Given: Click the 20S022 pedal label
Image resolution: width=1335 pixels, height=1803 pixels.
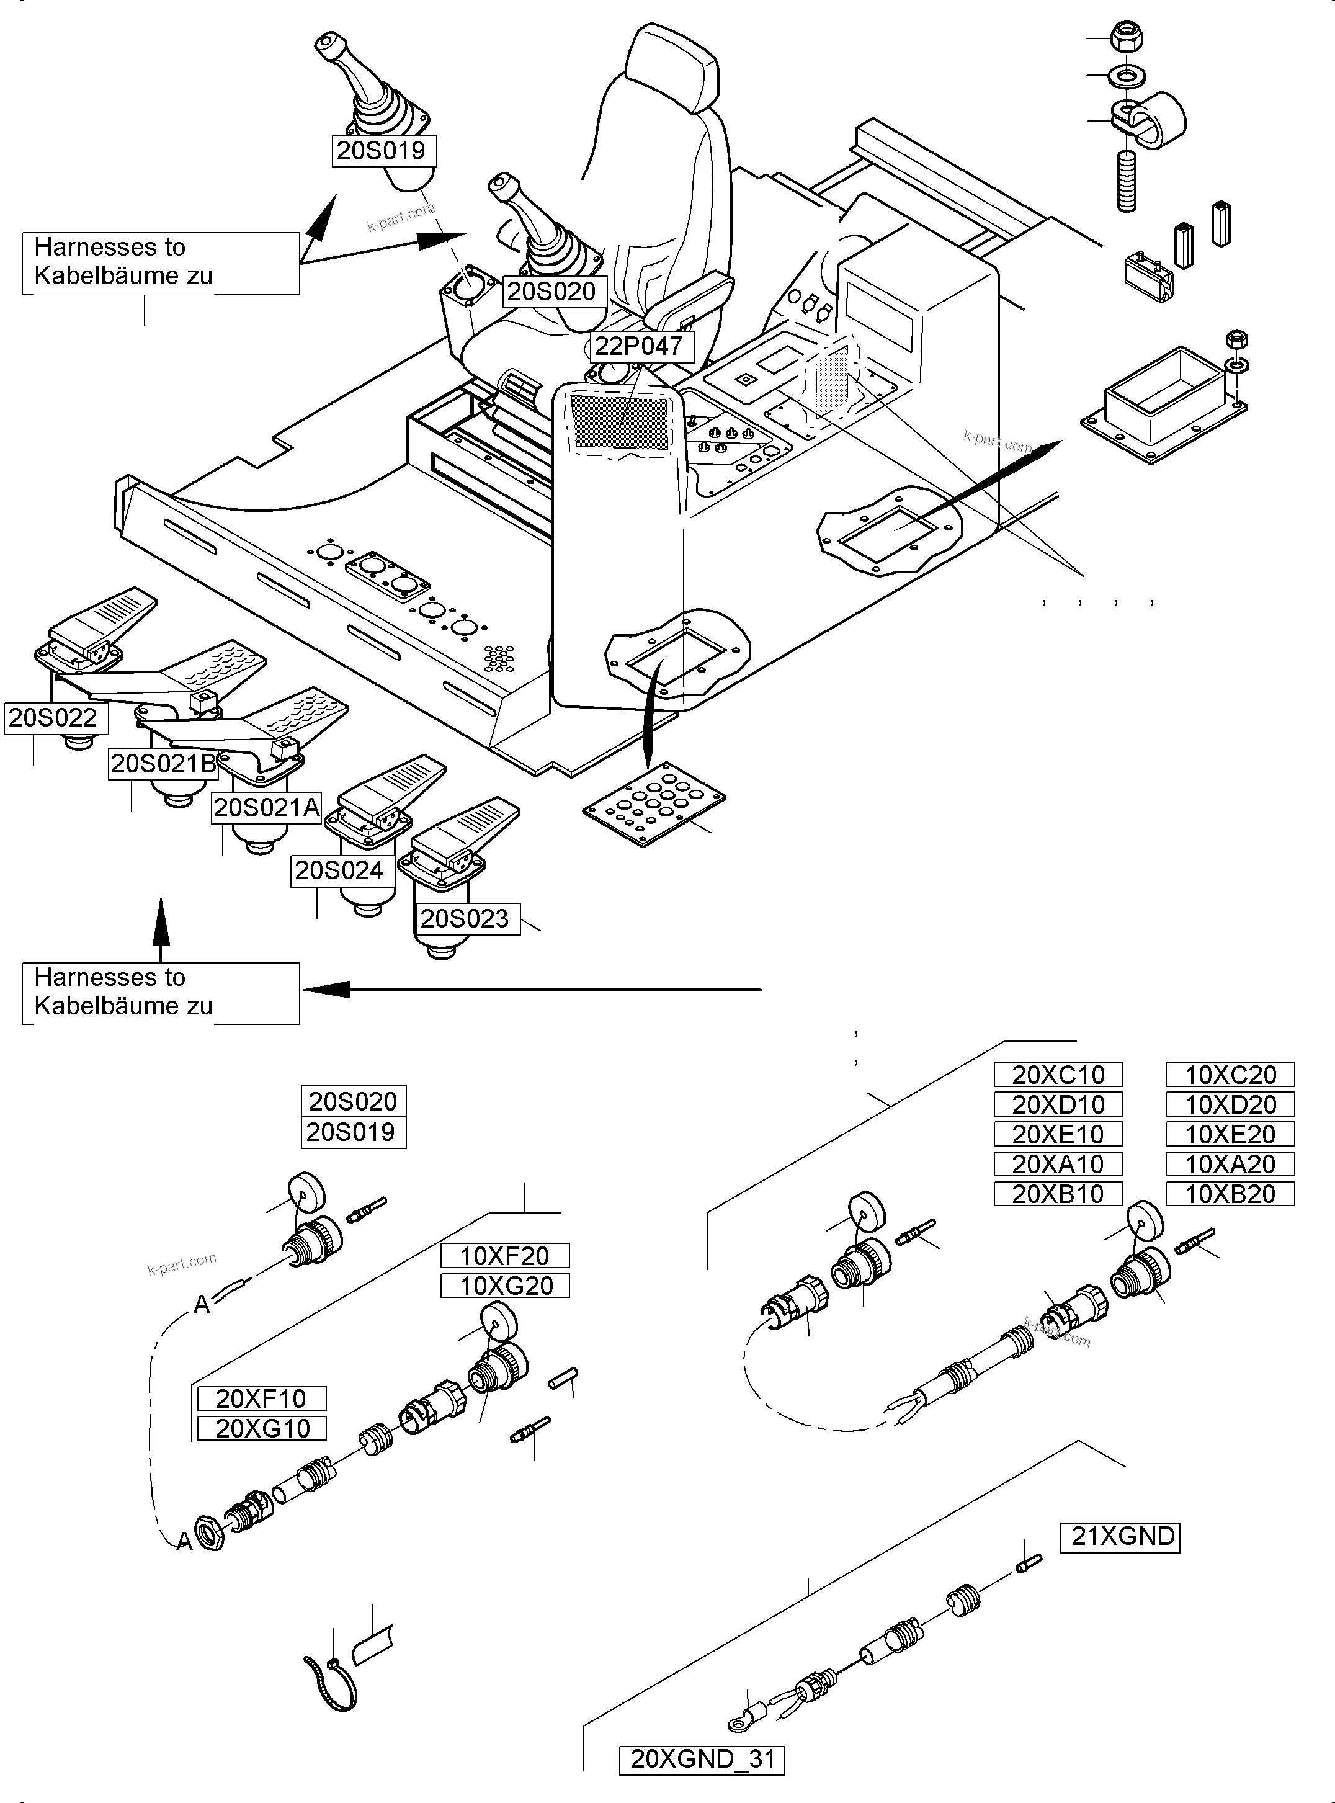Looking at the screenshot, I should (53, 718).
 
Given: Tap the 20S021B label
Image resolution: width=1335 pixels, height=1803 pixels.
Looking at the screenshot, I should (163, 763).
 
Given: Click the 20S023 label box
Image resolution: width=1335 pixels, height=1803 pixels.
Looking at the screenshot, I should (464, 918).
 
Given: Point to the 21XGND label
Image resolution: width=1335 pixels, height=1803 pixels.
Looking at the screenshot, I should (1122, 1536).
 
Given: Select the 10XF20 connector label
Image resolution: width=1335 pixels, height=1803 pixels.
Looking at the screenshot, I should (504, 1255).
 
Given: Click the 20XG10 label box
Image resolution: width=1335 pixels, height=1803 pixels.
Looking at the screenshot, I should (262, 1428).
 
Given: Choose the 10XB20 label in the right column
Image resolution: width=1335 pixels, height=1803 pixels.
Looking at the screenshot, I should (1229, 1194).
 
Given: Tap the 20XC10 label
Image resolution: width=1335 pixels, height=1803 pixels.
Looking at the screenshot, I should (1058, 1075).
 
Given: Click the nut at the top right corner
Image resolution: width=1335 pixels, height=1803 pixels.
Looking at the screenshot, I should (1127, 37).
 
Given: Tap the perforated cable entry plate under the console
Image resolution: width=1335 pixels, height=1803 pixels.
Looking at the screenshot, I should (653, 802).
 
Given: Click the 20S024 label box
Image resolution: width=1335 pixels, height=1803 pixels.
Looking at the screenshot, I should (339, 870).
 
